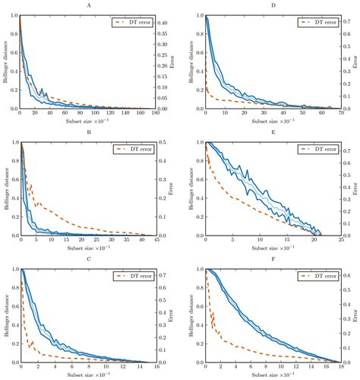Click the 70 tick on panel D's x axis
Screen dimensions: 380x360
coord(339,114)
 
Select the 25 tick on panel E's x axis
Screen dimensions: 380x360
coord(339,240)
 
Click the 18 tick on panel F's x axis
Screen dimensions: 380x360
coord(339,366)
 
